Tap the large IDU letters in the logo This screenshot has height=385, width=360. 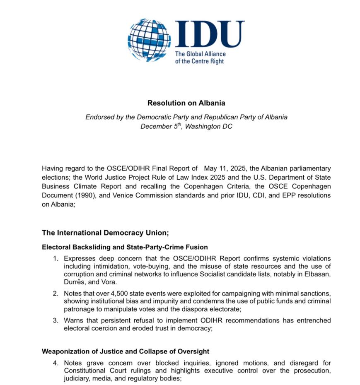coord(209,34)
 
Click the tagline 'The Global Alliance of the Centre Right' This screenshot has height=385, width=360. coord(200,58)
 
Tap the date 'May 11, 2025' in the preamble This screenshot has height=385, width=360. coord(223,168)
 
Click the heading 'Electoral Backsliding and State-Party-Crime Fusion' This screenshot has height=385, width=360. coord(125,247)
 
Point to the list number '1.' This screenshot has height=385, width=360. coord(56,259)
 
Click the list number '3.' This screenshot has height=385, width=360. coord(56,320)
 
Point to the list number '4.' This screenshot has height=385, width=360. coord(56,363)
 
